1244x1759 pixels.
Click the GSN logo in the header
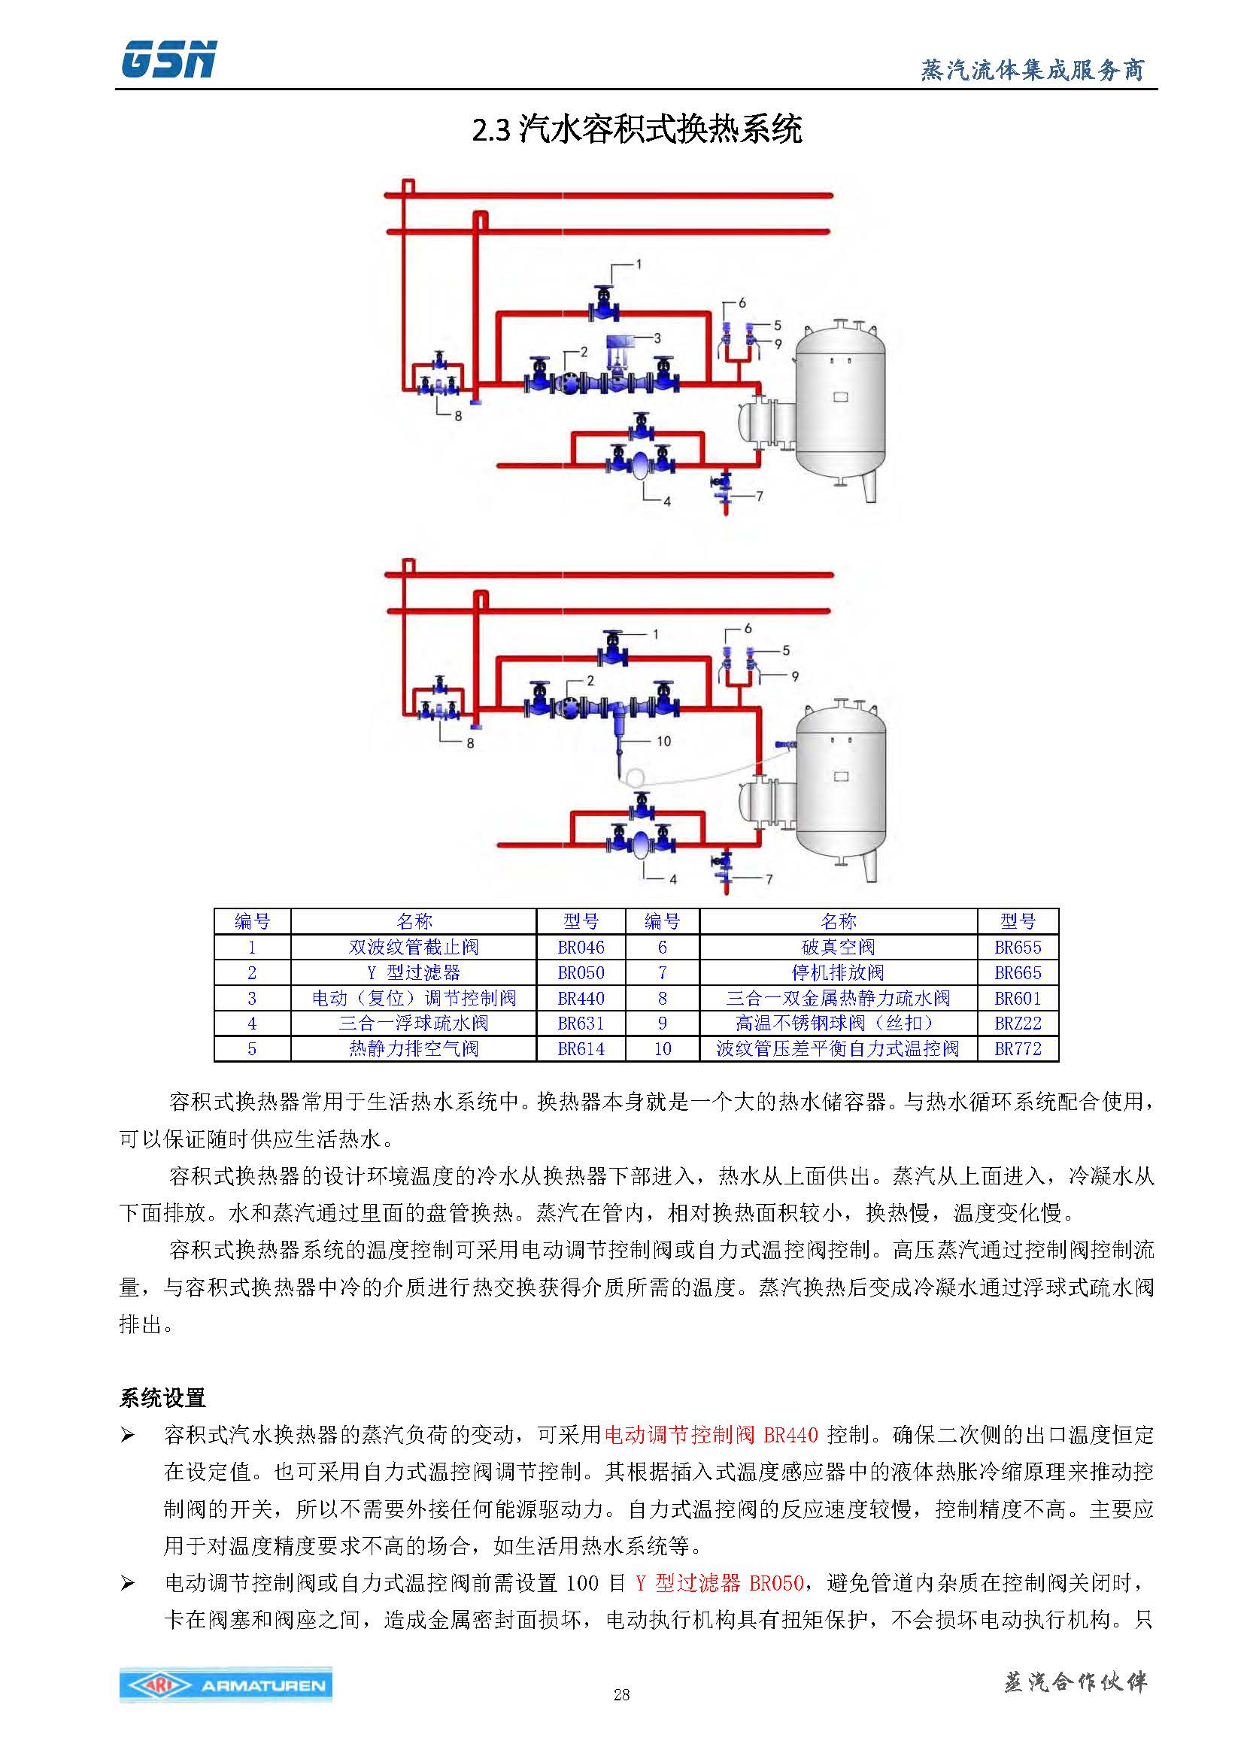point(169,59)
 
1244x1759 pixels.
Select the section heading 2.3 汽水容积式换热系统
point(636,129)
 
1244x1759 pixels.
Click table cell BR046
point(581,948)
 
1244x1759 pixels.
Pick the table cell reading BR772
point(1018,1049)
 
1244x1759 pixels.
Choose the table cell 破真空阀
point(838,948)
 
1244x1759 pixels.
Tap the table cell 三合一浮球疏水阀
point(414,1024)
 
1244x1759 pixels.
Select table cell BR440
point(581,998)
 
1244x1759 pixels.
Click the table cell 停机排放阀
point(838,973)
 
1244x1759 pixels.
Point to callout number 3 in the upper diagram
point(657,338)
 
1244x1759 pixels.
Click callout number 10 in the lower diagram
point(663,741)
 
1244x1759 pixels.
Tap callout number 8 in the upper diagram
point(458,416)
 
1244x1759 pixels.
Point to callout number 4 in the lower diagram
point(672,880)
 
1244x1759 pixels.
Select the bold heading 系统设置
point(162,1398)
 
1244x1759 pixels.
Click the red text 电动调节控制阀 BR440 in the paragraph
point(711,1435)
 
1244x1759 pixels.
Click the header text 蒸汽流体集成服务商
point(1032,71)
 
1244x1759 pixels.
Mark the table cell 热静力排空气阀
point(414,1049)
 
